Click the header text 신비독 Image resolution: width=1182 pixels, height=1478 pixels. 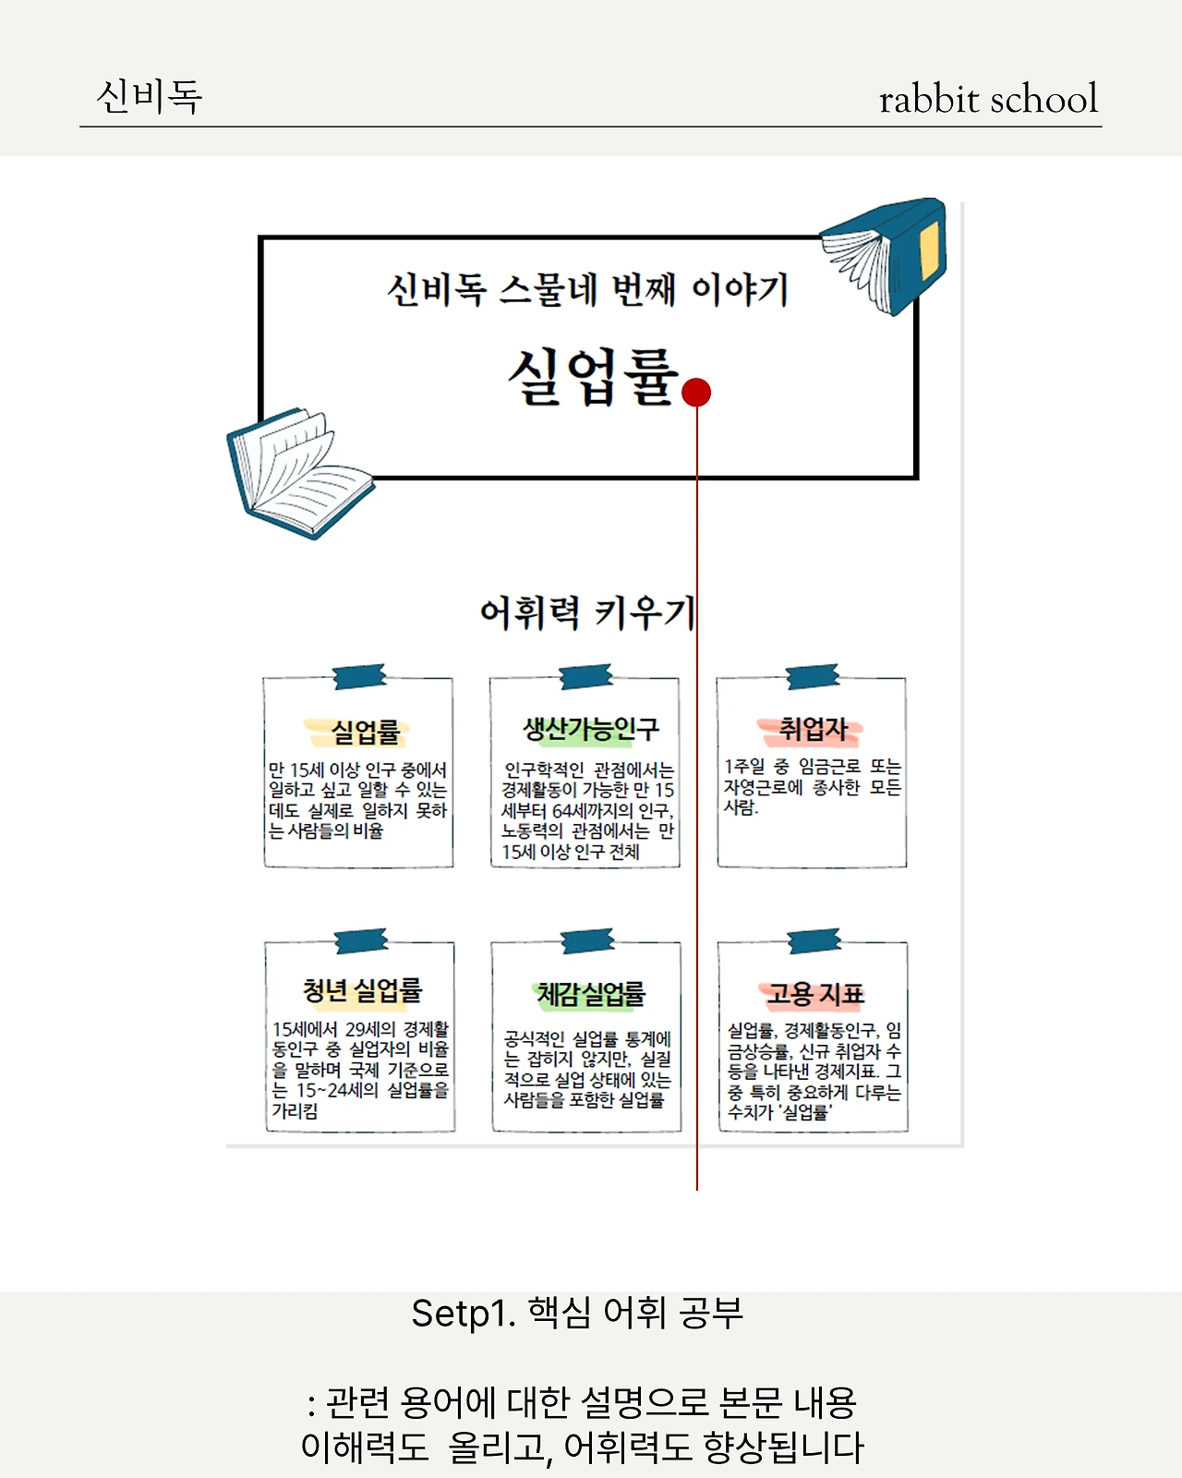click(149, 96)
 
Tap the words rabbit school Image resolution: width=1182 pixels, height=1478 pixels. click(988, 99)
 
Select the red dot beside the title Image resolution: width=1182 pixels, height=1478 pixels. click(696, 393)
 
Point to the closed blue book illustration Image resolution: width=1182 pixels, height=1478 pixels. click(886, 254)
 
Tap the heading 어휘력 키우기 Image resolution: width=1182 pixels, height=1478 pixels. click(587, 612)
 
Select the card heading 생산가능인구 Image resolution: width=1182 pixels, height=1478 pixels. click(591, 729)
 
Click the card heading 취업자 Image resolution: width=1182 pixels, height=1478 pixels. click(812, 729)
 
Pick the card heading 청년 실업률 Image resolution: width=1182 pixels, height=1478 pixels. click(362, 990)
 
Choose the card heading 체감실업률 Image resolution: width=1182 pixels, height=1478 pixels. click(591, 994)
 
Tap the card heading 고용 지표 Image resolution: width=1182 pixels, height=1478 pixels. click(814, 994)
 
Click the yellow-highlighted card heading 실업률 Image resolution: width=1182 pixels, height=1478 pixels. click(365, 733)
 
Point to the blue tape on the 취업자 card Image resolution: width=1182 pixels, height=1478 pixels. click(813, 676)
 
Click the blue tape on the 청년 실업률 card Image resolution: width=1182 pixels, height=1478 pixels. click(361, 940)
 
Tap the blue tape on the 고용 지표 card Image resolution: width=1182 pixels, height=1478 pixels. click(814, 941)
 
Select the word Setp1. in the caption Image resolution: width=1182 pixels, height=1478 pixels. click(463, 1313)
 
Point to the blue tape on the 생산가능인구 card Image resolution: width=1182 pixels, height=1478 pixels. click(586, 676)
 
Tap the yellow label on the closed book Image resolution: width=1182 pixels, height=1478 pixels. click(929, 250)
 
